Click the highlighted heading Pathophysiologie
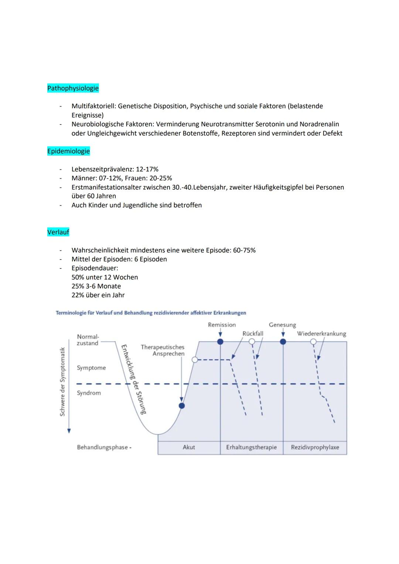click(73, 88)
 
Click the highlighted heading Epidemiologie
click(68, 151)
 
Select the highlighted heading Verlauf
click(58, 232)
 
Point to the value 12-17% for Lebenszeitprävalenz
click(147, 169)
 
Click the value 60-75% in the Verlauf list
click(244, 250)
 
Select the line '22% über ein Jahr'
click(98, 295)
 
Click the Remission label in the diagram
click(222, 325)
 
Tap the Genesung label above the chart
click(282, 325)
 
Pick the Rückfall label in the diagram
click(253, 334)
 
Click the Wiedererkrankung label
click(321, 334)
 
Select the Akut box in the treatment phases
click(189, 447)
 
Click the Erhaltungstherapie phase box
click(251, 447)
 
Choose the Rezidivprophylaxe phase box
click(315, 447)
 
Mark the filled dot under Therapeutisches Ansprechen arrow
click(181, 406)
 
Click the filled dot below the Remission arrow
click(220, 342)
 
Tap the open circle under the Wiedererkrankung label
click(313, 342)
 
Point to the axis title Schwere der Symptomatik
click(62, 382)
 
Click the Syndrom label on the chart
click(89, 393)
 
